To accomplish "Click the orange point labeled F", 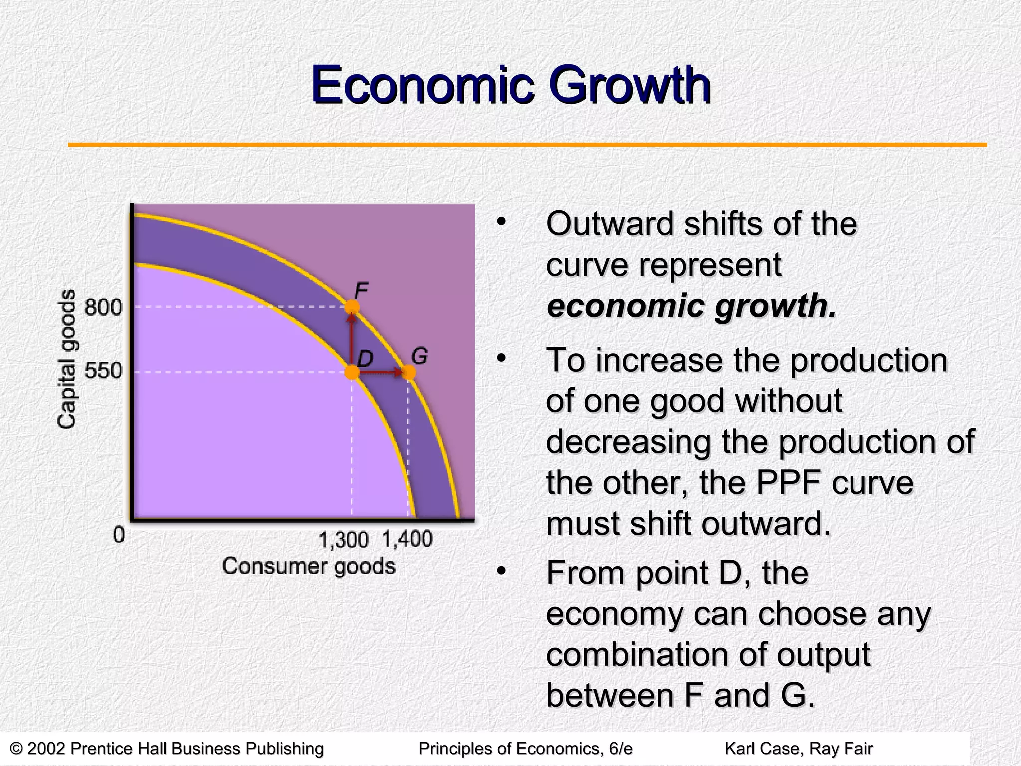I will click(x=352, y=307).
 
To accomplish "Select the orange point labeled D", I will click(x=352, y=372).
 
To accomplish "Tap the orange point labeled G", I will click(x=408, y=372).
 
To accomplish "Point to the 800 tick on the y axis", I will click(x=103, y=307).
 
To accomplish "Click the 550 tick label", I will click(x=103, y=371).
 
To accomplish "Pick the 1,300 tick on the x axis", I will click(x=343, y=540).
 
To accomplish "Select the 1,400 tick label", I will click(x=407, y=539).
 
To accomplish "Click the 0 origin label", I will click(x=119, y=535).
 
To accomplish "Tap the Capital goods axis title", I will click(x=67, y=359).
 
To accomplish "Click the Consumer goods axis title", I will click(x=309, y=566).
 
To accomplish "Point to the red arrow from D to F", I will click(x=352, y=339).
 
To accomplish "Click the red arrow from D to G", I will click(x=381, y=372).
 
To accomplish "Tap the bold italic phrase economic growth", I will click(x=691, y=305).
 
